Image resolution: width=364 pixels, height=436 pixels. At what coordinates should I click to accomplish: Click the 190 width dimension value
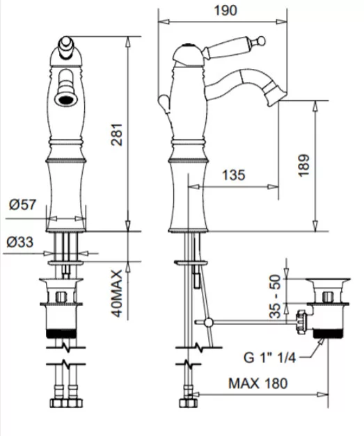[x=225, y=10]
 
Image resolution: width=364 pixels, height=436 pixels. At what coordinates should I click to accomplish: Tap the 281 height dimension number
[x=117, y=134]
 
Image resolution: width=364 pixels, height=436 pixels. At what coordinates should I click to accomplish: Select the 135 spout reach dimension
[x=233, y=175]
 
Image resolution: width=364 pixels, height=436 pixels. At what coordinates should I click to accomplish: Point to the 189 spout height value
[x=303, y=165]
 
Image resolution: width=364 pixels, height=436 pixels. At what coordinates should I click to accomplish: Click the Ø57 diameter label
[x=22, y=204]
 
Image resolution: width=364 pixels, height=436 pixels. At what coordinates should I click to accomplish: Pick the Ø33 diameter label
[x=20, y=242]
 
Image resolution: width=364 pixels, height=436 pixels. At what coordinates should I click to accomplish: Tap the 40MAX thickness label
[x=117, y=293]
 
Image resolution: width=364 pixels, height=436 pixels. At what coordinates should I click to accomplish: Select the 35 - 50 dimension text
[x=275, y=296]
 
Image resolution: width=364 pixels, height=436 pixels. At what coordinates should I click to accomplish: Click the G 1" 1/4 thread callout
[x=269, y=357]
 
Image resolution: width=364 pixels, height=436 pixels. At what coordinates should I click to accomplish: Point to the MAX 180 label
[x=258, y=383]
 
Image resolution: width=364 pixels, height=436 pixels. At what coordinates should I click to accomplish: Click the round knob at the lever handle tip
[x=261, y=41]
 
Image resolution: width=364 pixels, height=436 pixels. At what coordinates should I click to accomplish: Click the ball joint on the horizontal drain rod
[x=208, y=322]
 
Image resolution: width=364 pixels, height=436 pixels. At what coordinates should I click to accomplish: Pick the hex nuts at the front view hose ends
[x=66, y=403]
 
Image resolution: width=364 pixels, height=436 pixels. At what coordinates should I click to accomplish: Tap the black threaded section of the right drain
[x=327, y=333]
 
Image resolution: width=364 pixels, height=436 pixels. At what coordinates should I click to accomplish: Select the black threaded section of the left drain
[x=61, y=333]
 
